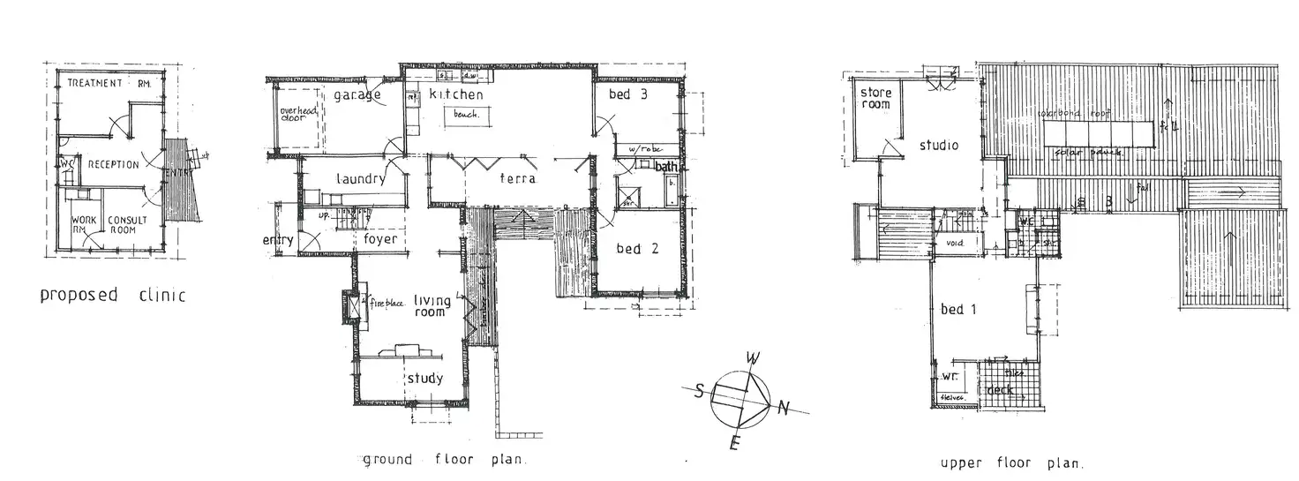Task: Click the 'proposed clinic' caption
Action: pyautogui.click(x=113, y=295)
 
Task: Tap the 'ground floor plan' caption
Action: pyautogui.click(x=445, y=459)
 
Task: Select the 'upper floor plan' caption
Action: pyautogui.click(x=1011, y=462)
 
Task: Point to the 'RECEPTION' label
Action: pyautogui.click(x=113, y=164)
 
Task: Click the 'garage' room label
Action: pyautogui.click(x=357, y=95)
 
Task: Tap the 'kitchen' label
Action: pyautogui.click(x=456, y=94)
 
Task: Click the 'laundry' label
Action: pyautogui.click(x=360, y=179)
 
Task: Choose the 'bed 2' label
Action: pyautogui.click(x=637, y=249)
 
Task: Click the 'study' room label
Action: pyautogui.click(x=424, y=379)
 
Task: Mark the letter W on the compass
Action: pyautogui.click(x=753, y=358)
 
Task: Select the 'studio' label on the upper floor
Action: pyautogui.click(x=938, y=146)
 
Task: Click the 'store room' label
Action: pyautogui.click(x=875, y=98)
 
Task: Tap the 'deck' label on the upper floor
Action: pyautogui.click(x=1001, y=389)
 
